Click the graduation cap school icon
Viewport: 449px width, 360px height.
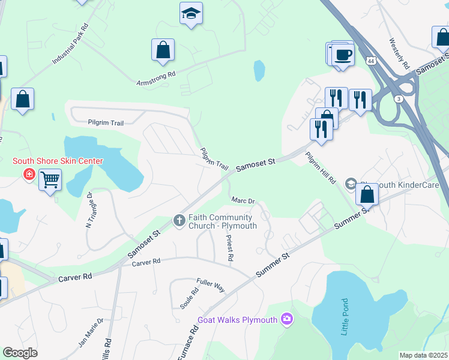[191, 13]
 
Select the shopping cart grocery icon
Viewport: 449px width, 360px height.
[50, 179]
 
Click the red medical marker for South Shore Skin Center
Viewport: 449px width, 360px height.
[28, 174]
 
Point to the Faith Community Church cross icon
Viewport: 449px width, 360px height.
[179, 221]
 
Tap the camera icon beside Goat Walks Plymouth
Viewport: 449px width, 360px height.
[288, 319]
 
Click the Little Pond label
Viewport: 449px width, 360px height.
[345, 317]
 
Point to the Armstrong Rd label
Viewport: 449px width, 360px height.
[155, 77]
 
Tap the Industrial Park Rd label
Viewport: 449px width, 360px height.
[71, 45]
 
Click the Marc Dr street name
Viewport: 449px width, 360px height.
[243, 201]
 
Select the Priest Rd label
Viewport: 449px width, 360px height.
[229, 247]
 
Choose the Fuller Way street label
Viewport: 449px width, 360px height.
[210, 284]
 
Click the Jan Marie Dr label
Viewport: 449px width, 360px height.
[91, 334]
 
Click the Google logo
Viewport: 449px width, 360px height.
[20, 353]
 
